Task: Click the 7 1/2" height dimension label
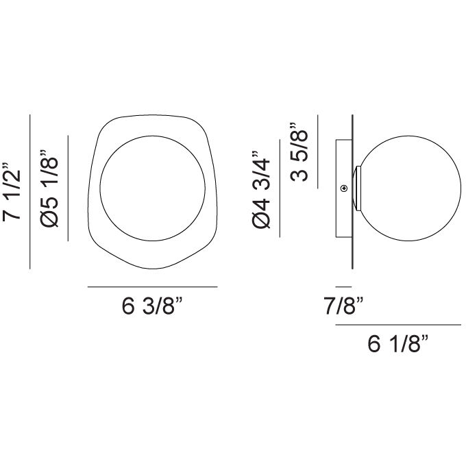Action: [x=15, y=193]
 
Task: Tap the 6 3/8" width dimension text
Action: [x=152, y=307]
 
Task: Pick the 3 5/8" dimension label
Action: [x=299, y=152]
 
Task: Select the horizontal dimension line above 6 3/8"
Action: [x=152, y=286]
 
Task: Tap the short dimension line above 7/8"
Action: [x=343, y=286]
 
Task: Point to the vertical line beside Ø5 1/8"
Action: [x=70, y=188]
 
